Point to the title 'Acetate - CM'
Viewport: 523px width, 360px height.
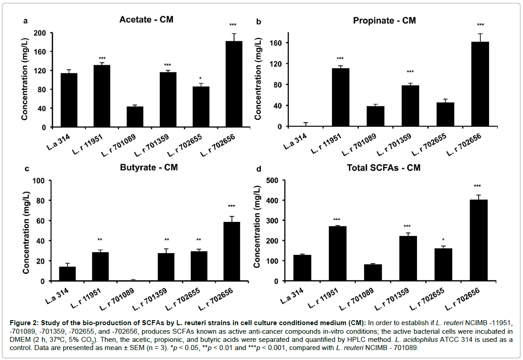[146, 20]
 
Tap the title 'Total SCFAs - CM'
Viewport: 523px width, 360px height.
[384, 168]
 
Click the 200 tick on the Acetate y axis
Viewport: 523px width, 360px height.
[39, 34]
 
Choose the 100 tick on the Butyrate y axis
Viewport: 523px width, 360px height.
[39, 181]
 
